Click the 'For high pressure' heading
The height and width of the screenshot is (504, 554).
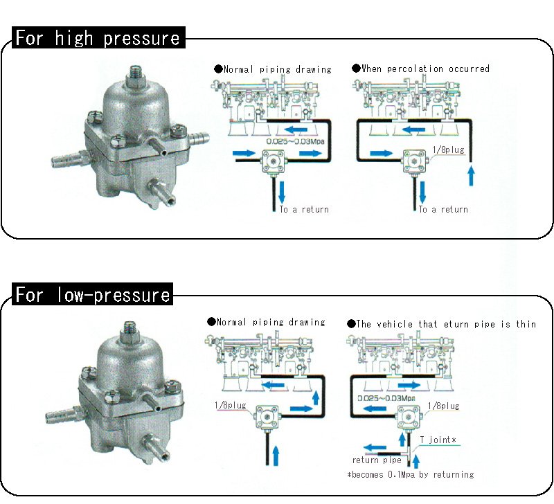point(98,38)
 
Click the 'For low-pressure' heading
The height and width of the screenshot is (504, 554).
point(93,294)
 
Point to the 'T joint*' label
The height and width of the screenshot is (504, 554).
point(438,440)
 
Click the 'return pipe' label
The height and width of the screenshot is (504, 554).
point(377,460)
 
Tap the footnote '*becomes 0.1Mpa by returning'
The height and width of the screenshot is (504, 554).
point(411,474)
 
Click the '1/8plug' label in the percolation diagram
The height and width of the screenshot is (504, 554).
point(448,150)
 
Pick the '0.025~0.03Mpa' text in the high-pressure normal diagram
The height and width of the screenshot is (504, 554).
point(295,141)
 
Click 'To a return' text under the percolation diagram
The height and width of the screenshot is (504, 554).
point(443,210)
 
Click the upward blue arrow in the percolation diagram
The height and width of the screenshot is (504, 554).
point(471,176)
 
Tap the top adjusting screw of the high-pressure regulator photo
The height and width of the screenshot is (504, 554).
point(136,75)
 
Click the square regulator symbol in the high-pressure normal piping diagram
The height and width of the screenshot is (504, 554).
point(274,161)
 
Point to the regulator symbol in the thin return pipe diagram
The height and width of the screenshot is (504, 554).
point(409,417)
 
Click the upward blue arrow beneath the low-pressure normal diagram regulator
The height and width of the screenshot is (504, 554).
point(276,456)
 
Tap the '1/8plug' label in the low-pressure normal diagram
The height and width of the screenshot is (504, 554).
point(231,405)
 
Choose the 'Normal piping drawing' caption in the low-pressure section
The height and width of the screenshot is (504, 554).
point(267,322)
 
